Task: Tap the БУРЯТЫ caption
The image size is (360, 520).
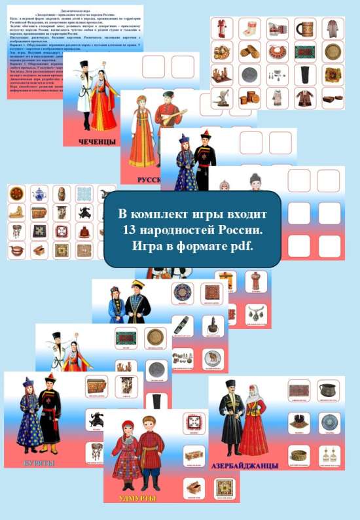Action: (x=37, y=464)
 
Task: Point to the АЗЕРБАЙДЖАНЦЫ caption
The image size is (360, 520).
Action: (x=246, y=466)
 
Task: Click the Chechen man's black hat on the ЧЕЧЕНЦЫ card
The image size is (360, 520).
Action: (x=83, y=65)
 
